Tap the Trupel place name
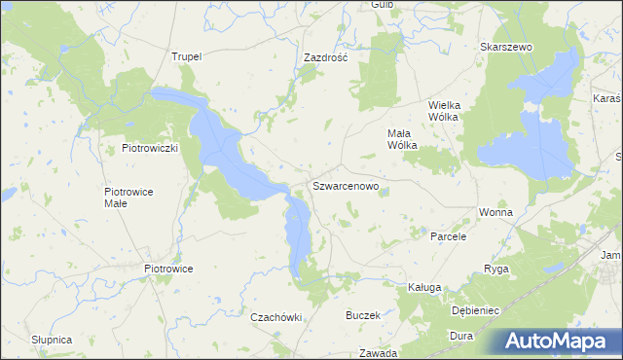(x=186, y=56)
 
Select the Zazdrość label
(x=325, y=57)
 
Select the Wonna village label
(x=495, y=211)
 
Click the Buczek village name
(x=362, y=316)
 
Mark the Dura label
(x=460, y=336)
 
